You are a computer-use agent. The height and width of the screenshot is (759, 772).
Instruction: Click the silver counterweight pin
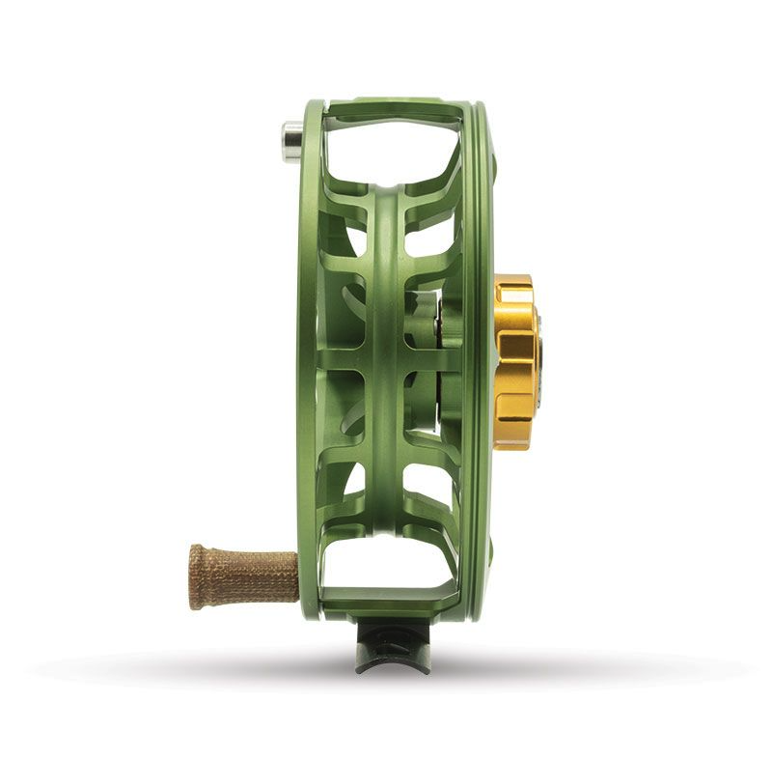tap(290, 139)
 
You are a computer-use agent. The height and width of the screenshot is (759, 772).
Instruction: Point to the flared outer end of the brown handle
tap(197, 577)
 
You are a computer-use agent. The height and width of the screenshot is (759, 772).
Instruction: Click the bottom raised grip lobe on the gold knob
tap(515, 431)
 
